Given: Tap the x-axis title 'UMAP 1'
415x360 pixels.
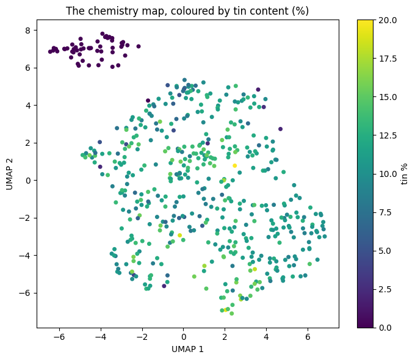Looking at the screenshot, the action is [x=187, y=349].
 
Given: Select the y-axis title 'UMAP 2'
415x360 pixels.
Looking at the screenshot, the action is [x=9, y=174].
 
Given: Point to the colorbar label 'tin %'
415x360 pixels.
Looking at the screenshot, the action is [x=404, y=174].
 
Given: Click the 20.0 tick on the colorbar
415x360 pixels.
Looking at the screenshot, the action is [x=388, y=20].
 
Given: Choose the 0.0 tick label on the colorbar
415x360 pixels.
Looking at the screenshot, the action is [x=385, y=328].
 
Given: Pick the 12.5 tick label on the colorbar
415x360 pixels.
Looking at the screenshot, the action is [x=388, y=135].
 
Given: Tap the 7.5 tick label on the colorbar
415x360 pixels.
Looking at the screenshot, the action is [x=385, y=212].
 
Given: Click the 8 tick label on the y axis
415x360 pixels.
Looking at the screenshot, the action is [x=28, y=31].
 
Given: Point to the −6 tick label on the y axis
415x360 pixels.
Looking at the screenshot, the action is [x=25, y=293].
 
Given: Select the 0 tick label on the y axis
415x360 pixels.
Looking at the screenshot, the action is [x=28, y=181].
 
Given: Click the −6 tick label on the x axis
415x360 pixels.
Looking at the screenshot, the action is [x=59, y=337].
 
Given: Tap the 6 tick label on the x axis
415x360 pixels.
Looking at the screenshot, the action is [x=308, y=337].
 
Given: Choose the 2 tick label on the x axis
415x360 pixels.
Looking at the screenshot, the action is [x=225, y=337].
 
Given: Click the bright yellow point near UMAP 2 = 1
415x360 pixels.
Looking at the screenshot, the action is [x=235, y=166].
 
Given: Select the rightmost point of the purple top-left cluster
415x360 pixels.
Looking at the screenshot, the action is [x=139, y=46].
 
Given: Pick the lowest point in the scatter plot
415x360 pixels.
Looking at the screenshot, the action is [x=232, y=314].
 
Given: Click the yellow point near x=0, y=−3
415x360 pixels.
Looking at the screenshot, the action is [x=179, y=236].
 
